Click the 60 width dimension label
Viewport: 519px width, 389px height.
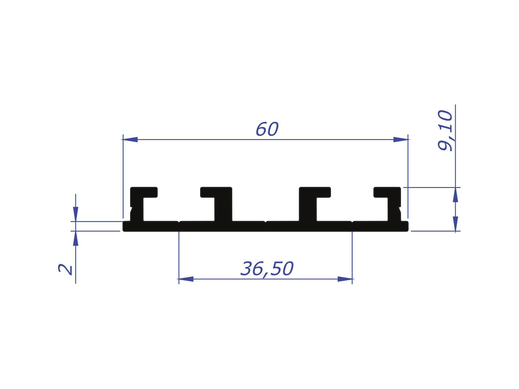(267, 129)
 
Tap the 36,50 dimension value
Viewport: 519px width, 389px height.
(267, 269)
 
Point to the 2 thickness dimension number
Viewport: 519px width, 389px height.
(65, 269)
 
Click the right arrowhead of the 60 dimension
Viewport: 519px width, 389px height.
(400, 139)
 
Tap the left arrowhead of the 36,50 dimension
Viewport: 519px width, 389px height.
(186, 279)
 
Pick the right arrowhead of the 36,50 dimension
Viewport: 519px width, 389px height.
(345, 279)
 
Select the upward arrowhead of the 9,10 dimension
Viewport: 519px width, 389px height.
(455, 194)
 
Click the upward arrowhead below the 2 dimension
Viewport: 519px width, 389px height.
(76, 239)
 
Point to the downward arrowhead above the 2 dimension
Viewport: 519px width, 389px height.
(76, 214)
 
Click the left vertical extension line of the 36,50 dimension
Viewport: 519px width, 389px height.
(179, 256)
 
